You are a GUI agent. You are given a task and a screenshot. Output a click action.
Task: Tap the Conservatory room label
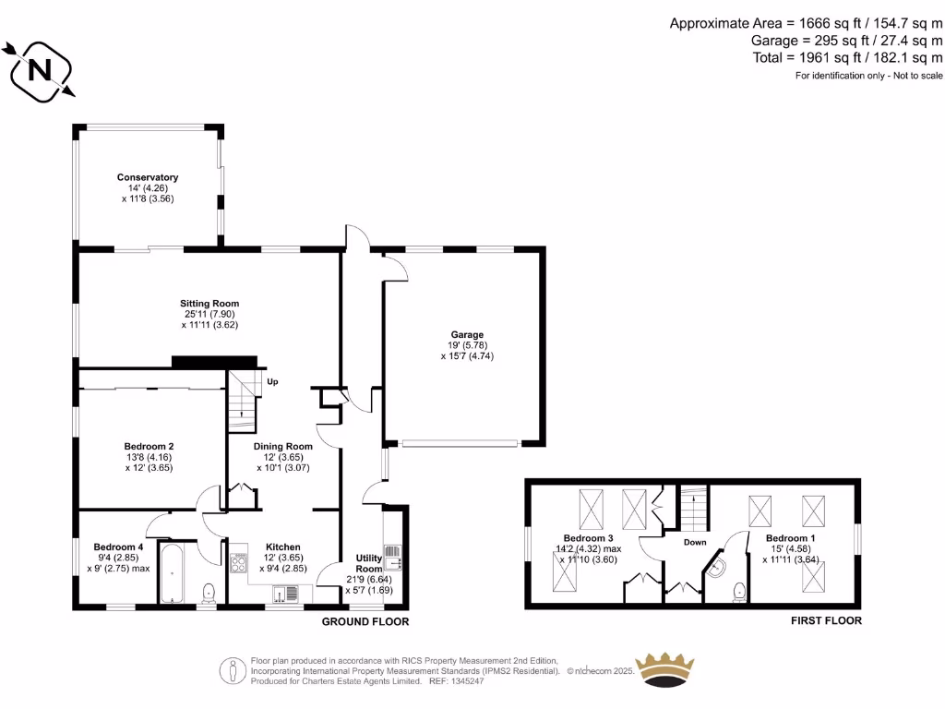(147, 177)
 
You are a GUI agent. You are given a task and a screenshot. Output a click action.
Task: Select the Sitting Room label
(209, 303)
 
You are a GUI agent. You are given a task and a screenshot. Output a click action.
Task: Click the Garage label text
(467, 335)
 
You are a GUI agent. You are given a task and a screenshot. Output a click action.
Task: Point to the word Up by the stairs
(272, 381)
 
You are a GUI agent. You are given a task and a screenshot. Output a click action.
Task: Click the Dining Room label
(283, 446)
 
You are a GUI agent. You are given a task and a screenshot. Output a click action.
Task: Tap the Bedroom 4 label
(118, 546)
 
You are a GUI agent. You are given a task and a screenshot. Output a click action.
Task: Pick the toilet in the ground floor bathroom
(209, 591)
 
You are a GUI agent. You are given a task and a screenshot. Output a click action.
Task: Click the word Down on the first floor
(695, 542)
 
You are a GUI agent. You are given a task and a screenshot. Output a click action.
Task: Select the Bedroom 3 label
(588, 537)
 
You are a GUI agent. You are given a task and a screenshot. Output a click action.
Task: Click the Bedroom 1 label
(790, 537)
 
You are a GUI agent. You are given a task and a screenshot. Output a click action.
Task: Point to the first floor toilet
(738, 591)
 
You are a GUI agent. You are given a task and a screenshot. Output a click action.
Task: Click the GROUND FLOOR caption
(365, 622)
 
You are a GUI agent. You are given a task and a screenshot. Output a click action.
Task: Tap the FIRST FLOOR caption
(826, 620)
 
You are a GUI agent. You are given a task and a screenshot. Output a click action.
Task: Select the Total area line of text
(848, 57)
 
